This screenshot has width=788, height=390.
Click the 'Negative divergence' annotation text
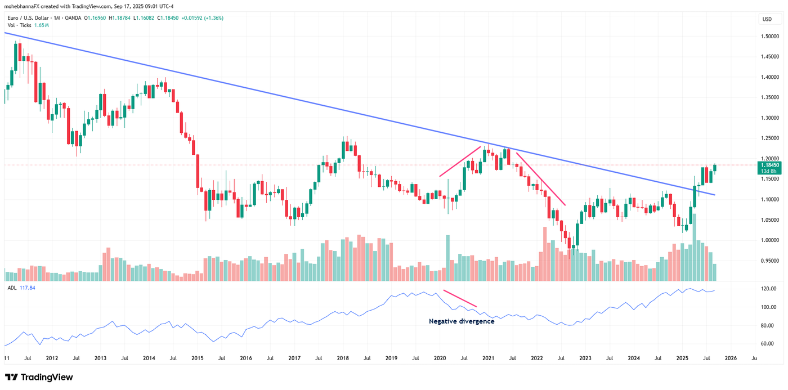(462, 321)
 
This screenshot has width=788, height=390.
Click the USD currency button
(767, 19)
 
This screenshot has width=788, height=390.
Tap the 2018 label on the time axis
(343, 357)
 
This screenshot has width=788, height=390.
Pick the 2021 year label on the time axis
(488, 357)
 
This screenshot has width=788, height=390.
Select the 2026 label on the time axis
(731, 357)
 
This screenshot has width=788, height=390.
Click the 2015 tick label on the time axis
(197, 357)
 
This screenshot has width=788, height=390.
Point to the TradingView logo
(39, 377)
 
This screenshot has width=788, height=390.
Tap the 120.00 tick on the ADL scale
(769, 289)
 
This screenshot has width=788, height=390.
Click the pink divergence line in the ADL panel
(460, 298)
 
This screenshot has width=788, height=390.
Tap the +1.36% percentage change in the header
(213, 18)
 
